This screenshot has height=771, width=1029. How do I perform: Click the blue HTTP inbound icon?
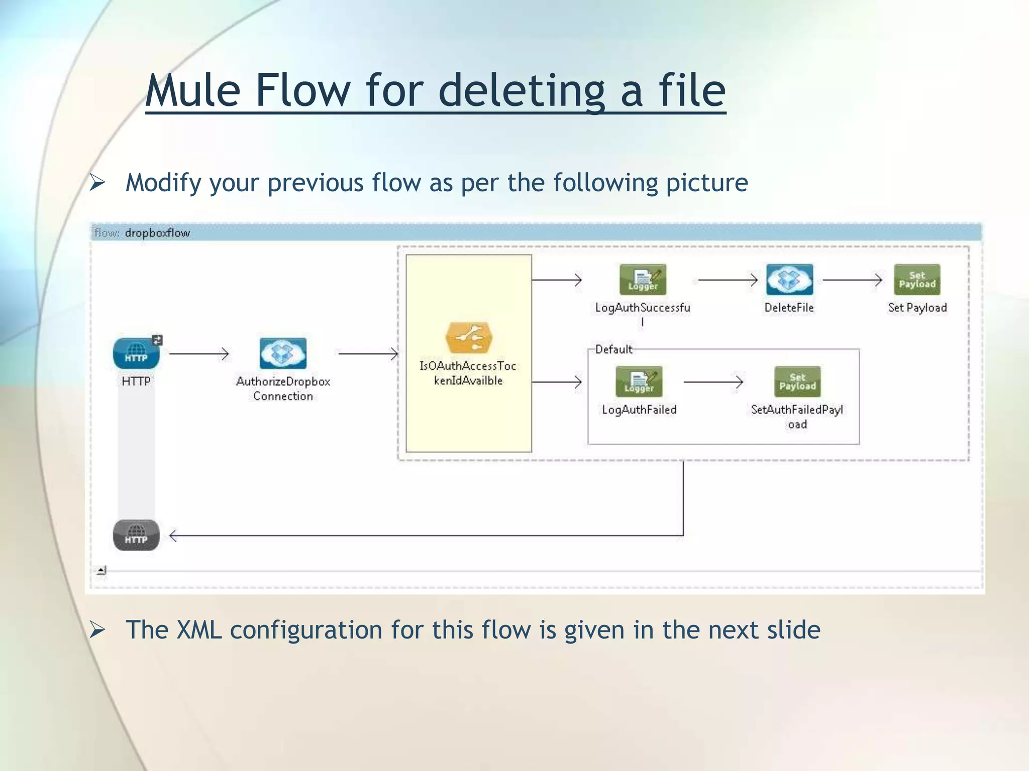click(136, 353)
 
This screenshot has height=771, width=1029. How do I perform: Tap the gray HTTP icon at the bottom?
click(136, 535)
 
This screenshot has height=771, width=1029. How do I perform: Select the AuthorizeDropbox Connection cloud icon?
click(283, 353)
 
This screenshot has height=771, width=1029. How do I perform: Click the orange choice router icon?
click(468, 338)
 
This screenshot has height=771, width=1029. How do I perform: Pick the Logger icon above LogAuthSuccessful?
click(643, 280)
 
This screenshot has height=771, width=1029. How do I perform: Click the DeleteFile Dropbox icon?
click(789, 280)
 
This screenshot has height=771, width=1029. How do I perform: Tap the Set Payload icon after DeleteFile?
click(917, 280)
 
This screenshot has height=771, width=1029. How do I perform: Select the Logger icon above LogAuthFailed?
click(639, 381)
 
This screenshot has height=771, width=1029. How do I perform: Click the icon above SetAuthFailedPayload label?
click(797, 381)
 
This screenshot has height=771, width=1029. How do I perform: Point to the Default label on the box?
click(613, 349)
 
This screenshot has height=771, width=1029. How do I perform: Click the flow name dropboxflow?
click(157, 233)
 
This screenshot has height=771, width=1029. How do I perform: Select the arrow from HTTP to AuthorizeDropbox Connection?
click(199, 354)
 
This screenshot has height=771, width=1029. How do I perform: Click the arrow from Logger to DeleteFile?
click(728, 280)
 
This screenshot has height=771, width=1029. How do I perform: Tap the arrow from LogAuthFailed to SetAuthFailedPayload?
click(713, 382)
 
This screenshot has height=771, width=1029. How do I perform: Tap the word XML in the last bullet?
click(199, 629)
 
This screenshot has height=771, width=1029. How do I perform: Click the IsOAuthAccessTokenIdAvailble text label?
click(468, 373)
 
